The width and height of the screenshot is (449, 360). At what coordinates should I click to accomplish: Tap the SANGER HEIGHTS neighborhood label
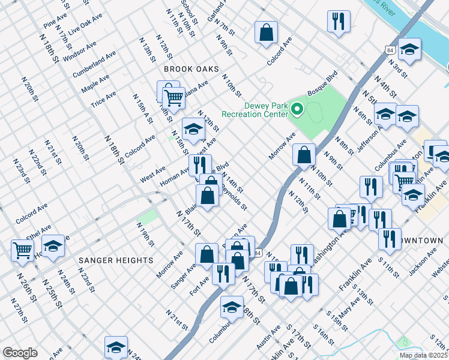click(x=115, y=260)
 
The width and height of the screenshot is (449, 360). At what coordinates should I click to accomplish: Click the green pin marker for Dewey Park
click(x=297, y=109)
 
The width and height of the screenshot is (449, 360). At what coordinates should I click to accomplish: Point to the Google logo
click(x=20, y=352)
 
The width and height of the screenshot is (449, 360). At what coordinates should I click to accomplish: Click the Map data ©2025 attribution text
click(x=423, y=355)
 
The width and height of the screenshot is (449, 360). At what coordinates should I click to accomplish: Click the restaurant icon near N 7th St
click(x=339, y=21)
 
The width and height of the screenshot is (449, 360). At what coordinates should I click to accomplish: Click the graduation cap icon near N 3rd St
click(x=410, y=49)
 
